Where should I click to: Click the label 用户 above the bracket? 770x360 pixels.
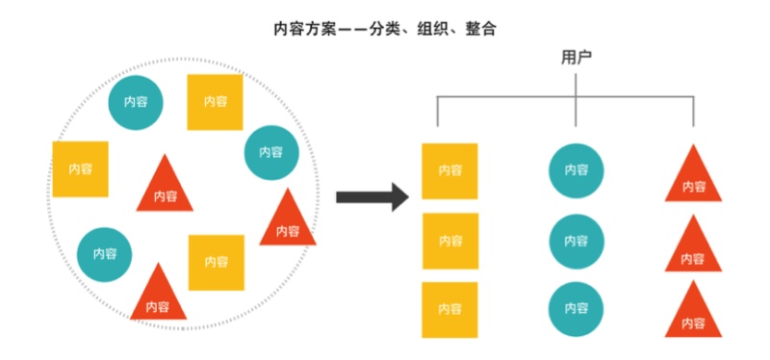tap(576, 57)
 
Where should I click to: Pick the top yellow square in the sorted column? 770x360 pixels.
tap(449, 171)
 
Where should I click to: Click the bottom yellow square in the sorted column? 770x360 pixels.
tap(449, 309)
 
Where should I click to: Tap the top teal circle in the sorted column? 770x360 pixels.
tap(577, 171)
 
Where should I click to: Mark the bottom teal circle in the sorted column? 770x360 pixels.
tap(577, 309)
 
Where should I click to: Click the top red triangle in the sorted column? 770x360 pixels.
tap(693, 179)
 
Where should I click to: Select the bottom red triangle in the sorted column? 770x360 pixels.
tap(693, 315)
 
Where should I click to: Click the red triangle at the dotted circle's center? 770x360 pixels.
tap(165, 189)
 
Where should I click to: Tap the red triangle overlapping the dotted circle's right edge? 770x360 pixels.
tap(287, 223)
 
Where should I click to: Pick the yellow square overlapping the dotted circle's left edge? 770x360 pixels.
tap(80, 168)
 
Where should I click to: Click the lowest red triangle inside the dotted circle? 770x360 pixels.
tap(158, 298)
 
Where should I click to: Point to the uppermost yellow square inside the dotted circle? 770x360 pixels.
tap(215, 101)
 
